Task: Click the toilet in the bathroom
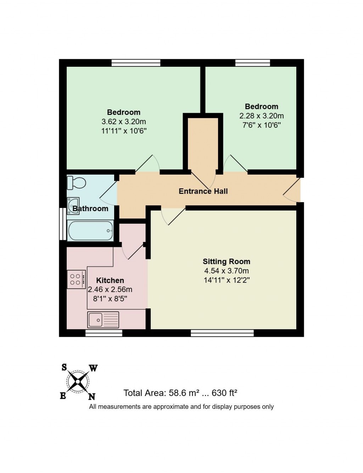tap(76, 183)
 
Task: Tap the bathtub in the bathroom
tap(91, 231)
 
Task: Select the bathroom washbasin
tap(73, 206)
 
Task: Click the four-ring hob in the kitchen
tap(76, 279)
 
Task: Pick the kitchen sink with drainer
tap(103, 319)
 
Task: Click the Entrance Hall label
tap(203, 191)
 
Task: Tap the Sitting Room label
tap(226, 262)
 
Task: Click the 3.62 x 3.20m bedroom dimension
tap(124, 122)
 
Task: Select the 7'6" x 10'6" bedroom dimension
tap(262, 125)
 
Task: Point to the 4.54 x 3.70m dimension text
tap(226, 271)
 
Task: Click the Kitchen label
tap(110, 280)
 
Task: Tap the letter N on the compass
tap(91, 396)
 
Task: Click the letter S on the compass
tap(64, 367)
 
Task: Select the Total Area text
tap(180, 393)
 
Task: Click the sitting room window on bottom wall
tap(222, 333)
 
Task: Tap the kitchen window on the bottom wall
tap(104, 333)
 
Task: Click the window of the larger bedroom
tap(136, 63)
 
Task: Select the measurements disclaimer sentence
tap(181, 407)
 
